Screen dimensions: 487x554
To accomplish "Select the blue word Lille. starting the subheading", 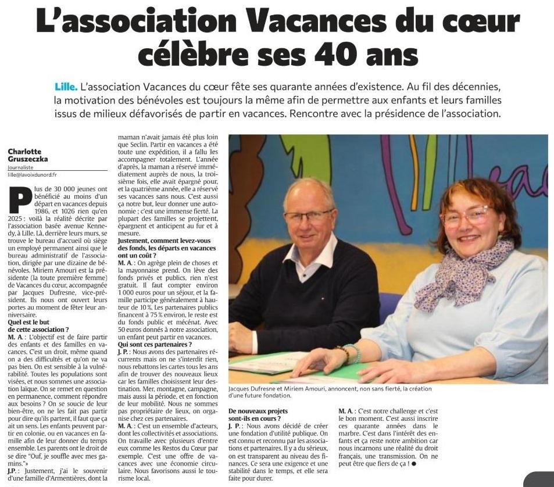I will point(65,87).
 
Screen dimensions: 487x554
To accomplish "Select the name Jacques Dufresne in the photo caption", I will point(253,389).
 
